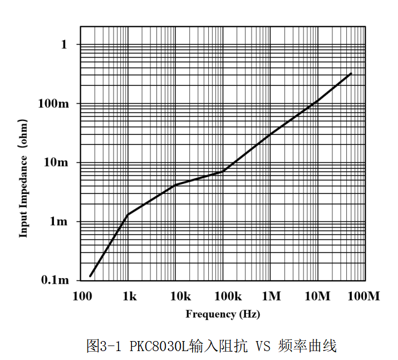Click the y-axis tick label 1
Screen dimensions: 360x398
(64, 44)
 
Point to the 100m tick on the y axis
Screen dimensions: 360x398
(54, 104)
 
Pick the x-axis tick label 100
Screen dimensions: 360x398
(82, 296)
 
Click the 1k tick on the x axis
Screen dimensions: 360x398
(129, 296)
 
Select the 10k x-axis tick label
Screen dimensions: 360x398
(176, 296)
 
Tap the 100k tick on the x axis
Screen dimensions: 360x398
(223, 296)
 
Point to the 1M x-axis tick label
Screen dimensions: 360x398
(271, 296)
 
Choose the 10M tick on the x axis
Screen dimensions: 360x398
(318, 296)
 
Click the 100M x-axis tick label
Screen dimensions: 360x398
(365, 296)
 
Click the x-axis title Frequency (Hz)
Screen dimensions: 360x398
(223, 314)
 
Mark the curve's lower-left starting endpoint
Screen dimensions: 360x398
(90, 276)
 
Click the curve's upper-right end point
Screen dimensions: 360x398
(351, 73)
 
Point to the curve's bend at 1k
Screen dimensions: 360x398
(129, 215)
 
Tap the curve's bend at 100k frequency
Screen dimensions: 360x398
(223, 171)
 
